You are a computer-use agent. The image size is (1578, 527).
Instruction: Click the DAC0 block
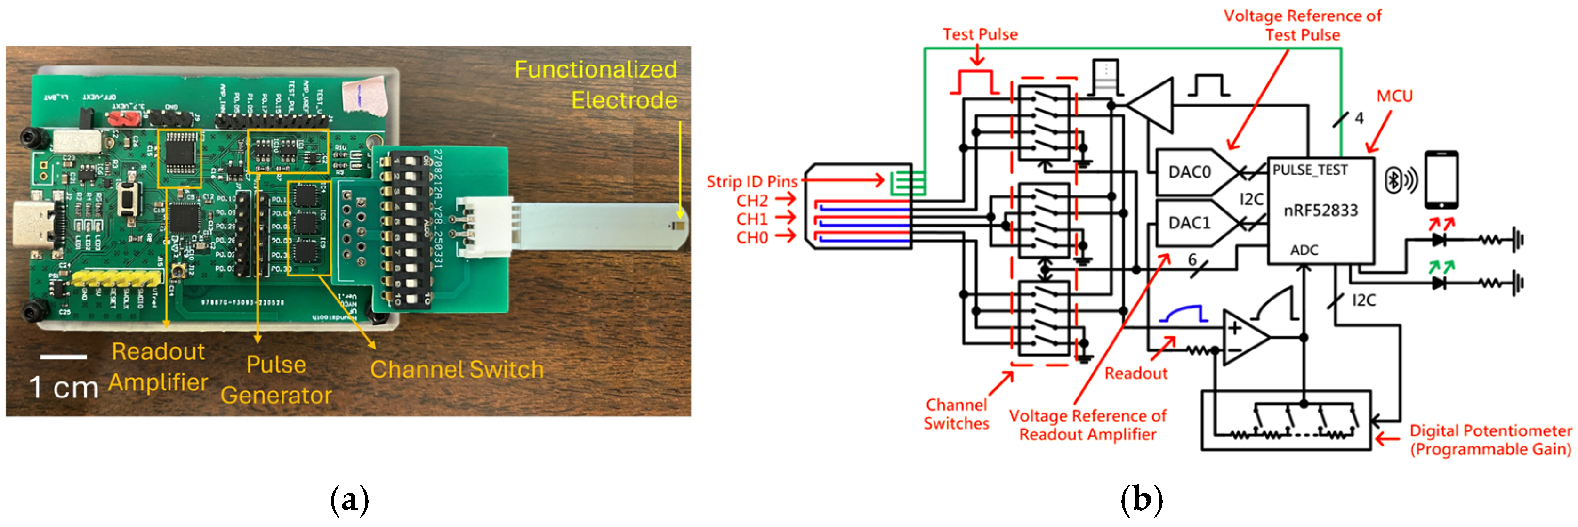(1188, 172)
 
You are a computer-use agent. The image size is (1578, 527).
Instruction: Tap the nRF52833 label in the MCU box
(1320, 211)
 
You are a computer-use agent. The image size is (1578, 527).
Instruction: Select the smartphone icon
(1441, 179)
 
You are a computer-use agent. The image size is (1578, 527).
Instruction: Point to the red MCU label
(1394, 96)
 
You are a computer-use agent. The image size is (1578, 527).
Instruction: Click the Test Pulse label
(980, 34)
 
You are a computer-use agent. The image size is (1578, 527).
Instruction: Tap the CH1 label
(752, 219)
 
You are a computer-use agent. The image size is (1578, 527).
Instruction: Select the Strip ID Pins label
(752, 181)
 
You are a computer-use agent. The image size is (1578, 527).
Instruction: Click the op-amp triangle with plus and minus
(1244, 338)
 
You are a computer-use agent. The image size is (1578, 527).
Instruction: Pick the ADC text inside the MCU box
(1304, 250)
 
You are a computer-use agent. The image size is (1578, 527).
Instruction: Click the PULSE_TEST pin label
(1310, 170)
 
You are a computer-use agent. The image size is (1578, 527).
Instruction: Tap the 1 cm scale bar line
(63, 357)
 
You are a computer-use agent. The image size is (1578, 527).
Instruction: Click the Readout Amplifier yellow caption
(158, 366)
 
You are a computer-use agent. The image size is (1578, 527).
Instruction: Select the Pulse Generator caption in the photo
(276, 380)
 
